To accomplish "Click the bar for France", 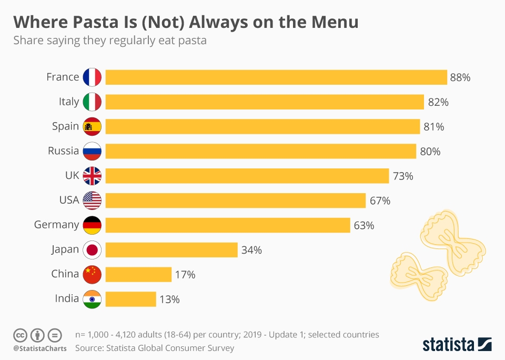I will (x=276, y=77).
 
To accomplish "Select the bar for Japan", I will (x=171, y=249).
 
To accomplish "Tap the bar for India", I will (x=130, y=299).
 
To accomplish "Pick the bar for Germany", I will (x=228, y=225).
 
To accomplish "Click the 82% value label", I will (x=438, y=102).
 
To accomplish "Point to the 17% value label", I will (x=185, y=274).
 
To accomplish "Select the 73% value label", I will (x=403, y=176).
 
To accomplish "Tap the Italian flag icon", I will (x=92, y=102).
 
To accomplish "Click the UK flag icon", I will (x=92, y=176).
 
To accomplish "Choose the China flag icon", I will (x=92, y=274).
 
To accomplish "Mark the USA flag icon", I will (x=92, y=201).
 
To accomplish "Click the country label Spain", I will (x=65, y=127).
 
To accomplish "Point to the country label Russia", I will (x=63, y=151).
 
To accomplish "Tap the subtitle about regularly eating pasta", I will (x=109, y=41).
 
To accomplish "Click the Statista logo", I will (x=457, y=344).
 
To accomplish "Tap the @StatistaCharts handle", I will (x=40, y=348).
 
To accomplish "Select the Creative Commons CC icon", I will (x=20, y=335).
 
